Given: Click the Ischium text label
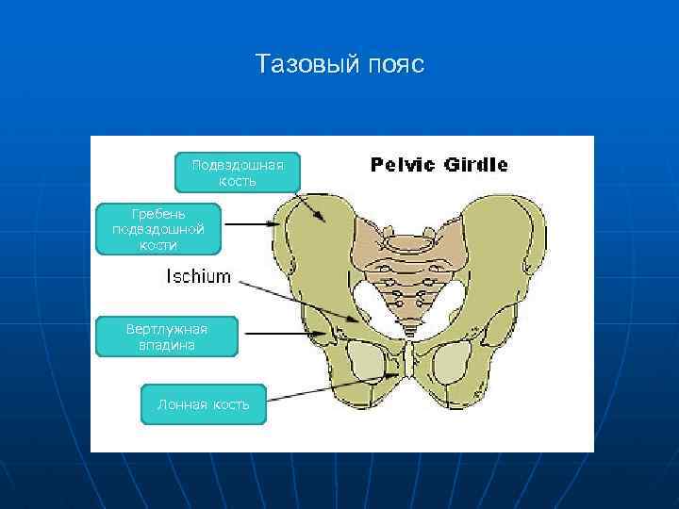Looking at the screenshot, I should click(x=198, y=276).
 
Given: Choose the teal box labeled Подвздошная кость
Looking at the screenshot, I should click(x=238, y=172).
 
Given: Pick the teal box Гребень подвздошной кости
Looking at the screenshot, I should click(x=158, y=228).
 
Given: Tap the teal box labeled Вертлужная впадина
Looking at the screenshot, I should click(x=166, y=337).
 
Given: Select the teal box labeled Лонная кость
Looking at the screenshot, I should click(x=204, y=404).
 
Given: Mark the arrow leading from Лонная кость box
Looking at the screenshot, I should click(x=330, y=388).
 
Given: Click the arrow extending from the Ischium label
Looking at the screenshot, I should click(x=297, y=300).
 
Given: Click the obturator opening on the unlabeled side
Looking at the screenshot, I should click(x=454, y=363).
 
